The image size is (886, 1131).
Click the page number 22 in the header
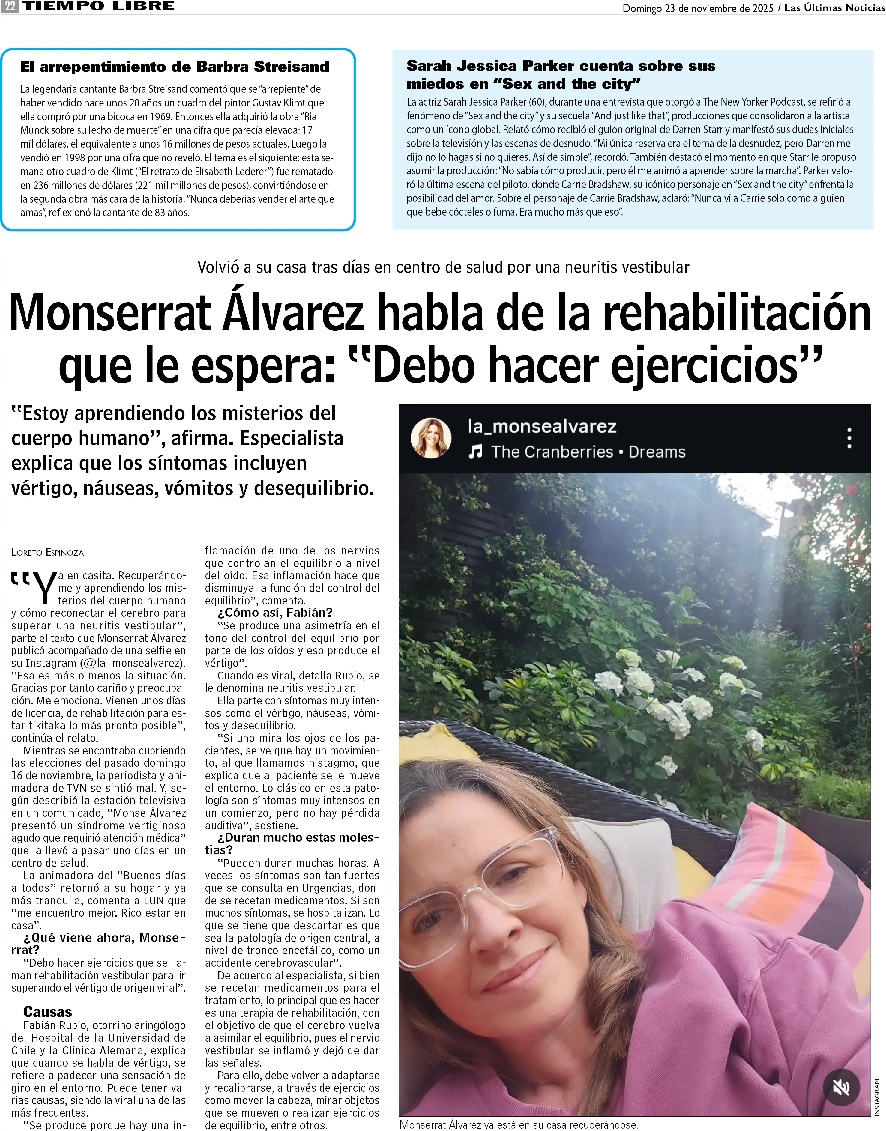pyautogui.click(x=10, y=7)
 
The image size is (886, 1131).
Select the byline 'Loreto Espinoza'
pyautogui.click(x=47, y=552)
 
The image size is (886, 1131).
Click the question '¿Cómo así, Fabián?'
pyautogui.click(x=275, y=613)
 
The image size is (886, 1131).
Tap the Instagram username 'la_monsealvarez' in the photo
pyautogui.click(x=542, y=426)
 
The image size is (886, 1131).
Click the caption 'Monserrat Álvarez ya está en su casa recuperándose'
pyautogui.click(x=519, y=1125)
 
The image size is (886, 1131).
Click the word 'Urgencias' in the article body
pyautogui.click(x=331, y=888)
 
